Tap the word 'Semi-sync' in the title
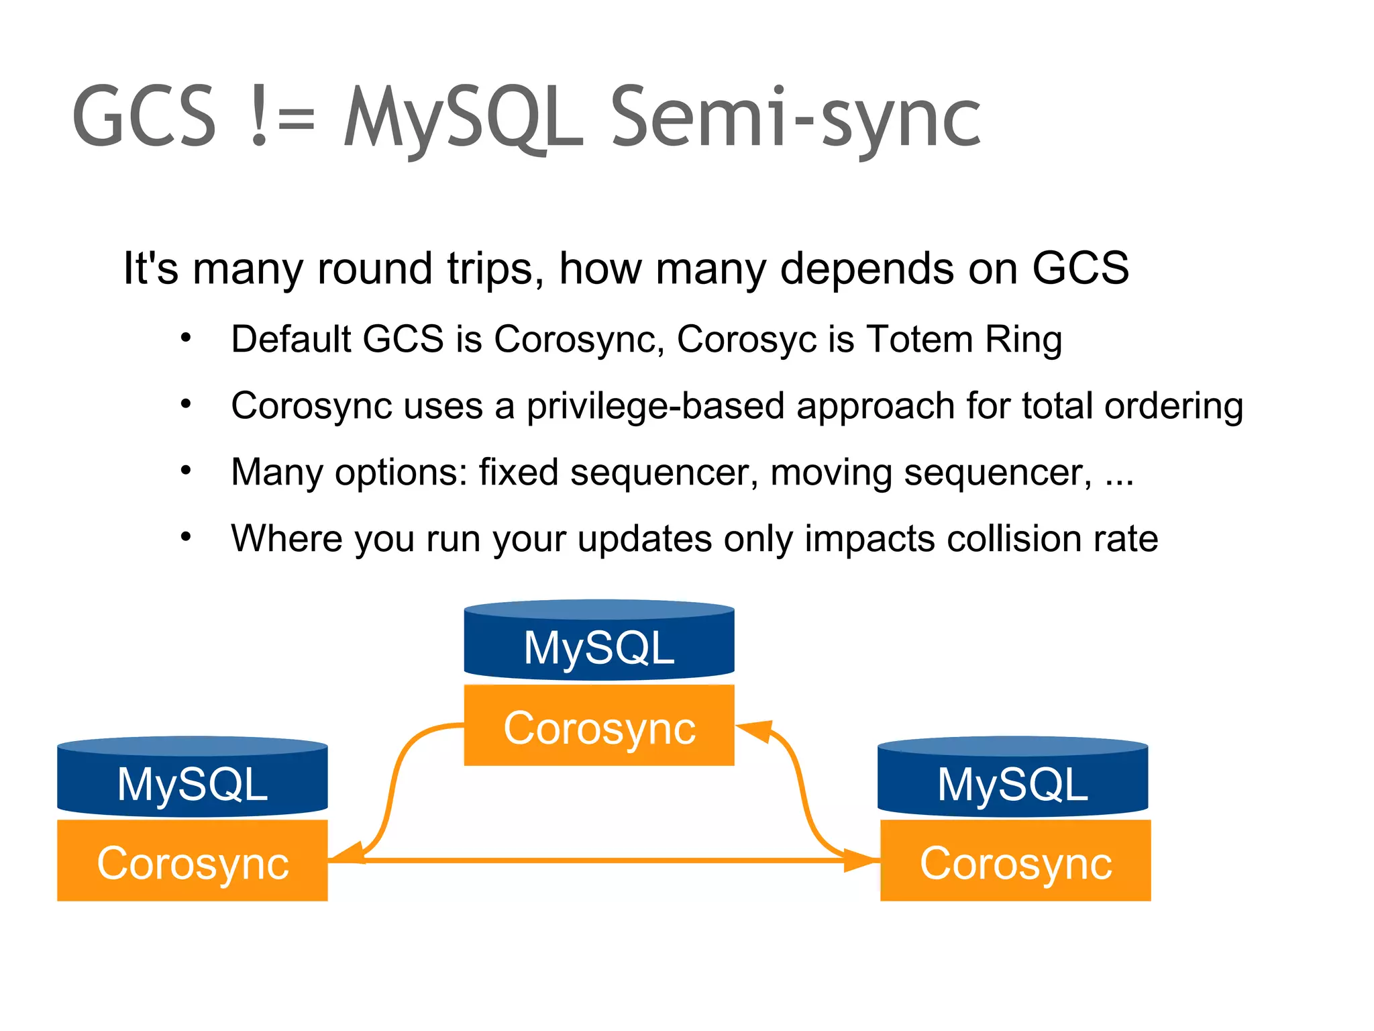[796, 117]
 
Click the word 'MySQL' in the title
[463, 117]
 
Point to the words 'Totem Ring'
[964, 339]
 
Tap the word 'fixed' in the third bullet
[518, 473]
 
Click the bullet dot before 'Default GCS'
[186, 338]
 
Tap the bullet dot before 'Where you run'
[186, 537]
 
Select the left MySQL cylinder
[193, 779]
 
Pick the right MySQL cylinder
[1013, 779]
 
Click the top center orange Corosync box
[599, 726]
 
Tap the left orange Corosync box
[193, 862]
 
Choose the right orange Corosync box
[1015, 862]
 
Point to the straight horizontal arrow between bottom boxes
[604, 860]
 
